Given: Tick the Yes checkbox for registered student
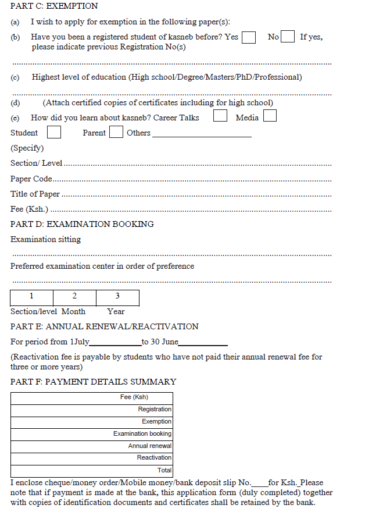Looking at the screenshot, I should [x=249, y=37].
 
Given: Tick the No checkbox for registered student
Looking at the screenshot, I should [x=287, y=37].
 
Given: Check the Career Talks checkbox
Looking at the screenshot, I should [x=220, y=116].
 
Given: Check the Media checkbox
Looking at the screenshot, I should [x=270, y=116].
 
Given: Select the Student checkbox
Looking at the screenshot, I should [x=54, y=132].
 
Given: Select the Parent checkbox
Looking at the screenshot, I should [x=116, y=132].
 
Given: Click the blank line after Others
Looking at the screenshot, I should [x=201, y=133].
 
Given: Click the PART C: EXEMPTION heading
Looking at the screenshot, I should [x=54, y=6].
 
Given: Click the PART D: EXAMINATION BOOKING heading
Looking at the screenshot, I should [x=82, y=224].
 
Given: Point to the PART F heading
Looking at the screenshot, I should [x=93, y=382].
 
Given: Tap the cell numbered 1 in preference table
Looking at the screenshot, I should [x=32, y=297].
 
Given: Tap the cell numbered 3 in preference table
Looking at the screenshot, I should [x=117, y=297].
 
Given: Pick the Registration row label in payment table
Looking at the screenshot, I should [x=155, y=410].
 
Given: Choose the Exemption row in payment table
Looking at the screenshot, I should [x=156, y=421].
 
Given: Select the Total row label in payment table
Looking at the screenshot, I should [x=164, y=470].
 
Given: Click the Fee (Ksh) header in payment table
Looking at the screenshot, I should [x=134, y=397].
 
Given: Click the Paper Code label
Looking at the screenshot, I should [x=31, y=179].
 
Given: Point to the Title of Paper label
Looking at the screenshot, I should [x=35, y=194].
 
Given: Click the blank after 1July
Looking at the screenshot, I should [x=115, y=342].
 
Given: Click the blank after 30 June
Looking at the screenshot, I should [x=203, y=342].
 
